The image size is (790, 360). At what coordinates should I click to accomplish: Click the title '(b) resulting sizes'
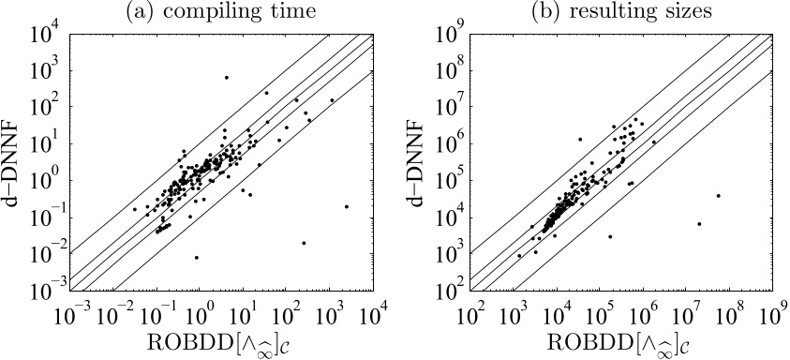[620, 12]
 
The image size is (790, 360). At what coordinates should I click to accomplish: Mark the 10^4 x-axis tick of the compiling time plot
[375, 310]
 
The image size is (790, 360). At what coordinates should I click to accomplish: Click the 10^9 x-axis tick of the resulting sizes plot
[773, 310]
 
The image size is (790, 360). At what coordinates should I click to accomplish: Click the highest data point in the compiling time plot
[226, 77]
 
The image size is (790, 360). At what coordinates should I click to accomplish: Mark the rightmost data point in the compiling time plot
[347, 206]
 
